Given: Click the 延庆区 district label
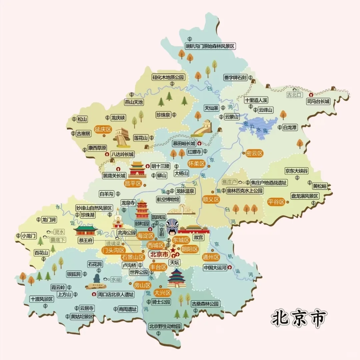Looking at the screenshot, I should coord(103,130).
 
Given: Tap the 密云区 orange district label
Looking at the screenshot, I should coord(254,153).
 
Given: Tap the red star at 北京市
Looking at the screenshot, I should coord(173,250).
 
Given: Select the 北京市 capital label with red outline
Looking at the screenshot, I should coord(158,254).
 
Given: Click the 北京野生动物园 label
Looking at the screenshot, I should coord(165,326).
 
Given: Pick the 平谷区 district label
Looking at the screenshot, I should coord(276,202).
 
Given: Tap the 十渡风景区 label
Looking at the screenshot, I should coord(42,299).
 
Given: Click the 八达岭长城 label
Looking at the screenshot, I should coord(122,154).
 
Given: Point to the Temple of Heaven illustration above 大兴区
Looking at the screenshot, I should coord(176,278).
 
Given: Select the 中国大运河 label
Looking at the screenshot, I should coord(215,268).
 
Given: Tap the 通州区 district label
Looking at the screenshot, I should coord(211,257).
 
